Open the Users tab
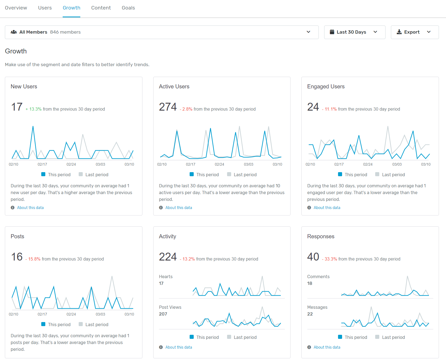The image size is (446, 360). pyautogui.click(x=45, y=8)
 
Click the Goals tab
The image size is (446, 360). pyautogui.click(x=128, y=8)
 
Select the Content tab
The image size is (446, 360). pyautogui.click(x=101, y=8)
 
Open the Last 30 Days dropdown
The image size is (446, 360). pyautogui.click(x=354, y=32)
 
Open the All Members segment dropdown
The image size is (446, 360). pyautogui.click(x=161, y=32)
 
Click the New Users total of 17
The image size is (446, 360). pyautogui.click(x=17, y=107)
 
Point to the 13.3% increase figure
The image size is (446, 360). pyautogui.click(x=35, y=109)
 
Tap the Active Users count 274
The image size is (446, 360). pyautogui.click(x=168, y=107)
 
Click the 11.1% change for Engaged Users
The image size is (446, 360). pyautogui.click(x=330, y=109)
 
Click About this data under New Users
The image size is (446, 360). pyautogui.click(x=30, y=208)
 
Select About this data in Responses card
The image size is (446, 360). pyautogui.click(x=327, y=347)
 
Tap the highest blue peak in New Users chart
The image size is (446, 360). pyautogui.click(x=33, y=127)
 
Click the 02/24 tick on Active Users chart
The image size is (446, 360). pyautogui.click(x=219, y=165)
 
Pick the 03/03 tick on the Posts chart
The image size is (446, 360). pyautogui.click(x=100, y=314)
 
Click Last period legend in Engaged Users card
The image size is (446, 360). pyautogui.click(x=393, y=175)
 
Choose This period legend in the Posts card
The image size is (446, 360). pyautogui.click(x=59, y=325)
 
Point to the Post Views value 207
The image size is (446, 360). pyautogui.click(x=163, y=314)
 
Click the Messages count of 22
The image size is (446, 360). pyautogui.click(x=310, y=314)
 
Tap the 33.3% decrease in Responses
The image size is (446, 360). pyautogui.click(x=331, y=259)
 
